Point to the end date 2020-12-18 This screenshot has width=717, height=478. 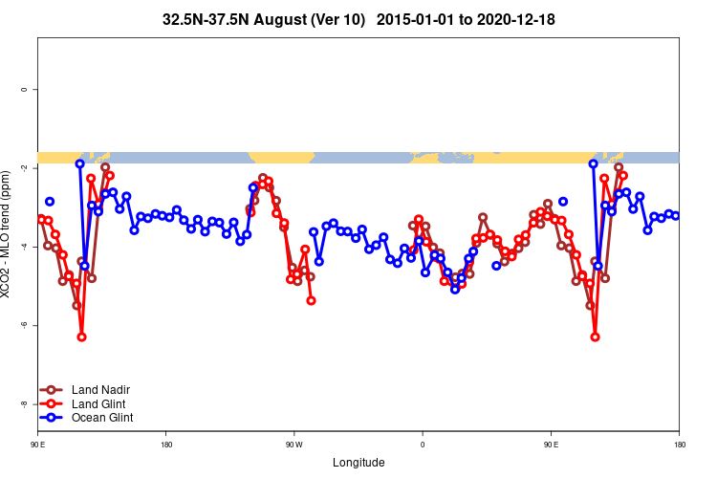pos(517,19)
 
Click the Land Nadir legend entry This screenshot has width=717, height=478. pos(100,390)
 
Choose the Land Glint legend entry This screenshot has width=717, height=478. pos(99,403)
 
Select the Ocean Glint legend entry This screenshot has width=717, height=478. pos(102,418)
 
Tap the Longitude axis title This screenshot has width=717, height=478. pos(358,463)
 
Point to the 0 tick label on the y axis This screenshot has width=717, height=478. pos(23,90)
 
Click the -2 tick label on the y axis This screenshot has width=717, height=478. pos(23,168)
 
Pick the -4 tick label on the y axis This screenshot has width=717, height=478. pos(23,247)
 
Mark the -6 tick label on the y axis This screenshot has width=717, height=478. pos(23,325)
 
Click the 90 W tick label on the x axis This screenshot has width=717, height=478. pos(293,445)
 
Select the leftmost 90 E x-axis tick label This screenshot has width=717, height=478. pos(38,445)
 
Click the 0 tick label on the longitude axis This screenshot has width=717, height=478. pos(423,445)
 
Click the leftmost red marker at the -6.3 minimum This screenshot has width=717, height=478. pos(81,337)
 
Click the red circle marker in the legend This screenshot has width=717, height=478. pos(52,403)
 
